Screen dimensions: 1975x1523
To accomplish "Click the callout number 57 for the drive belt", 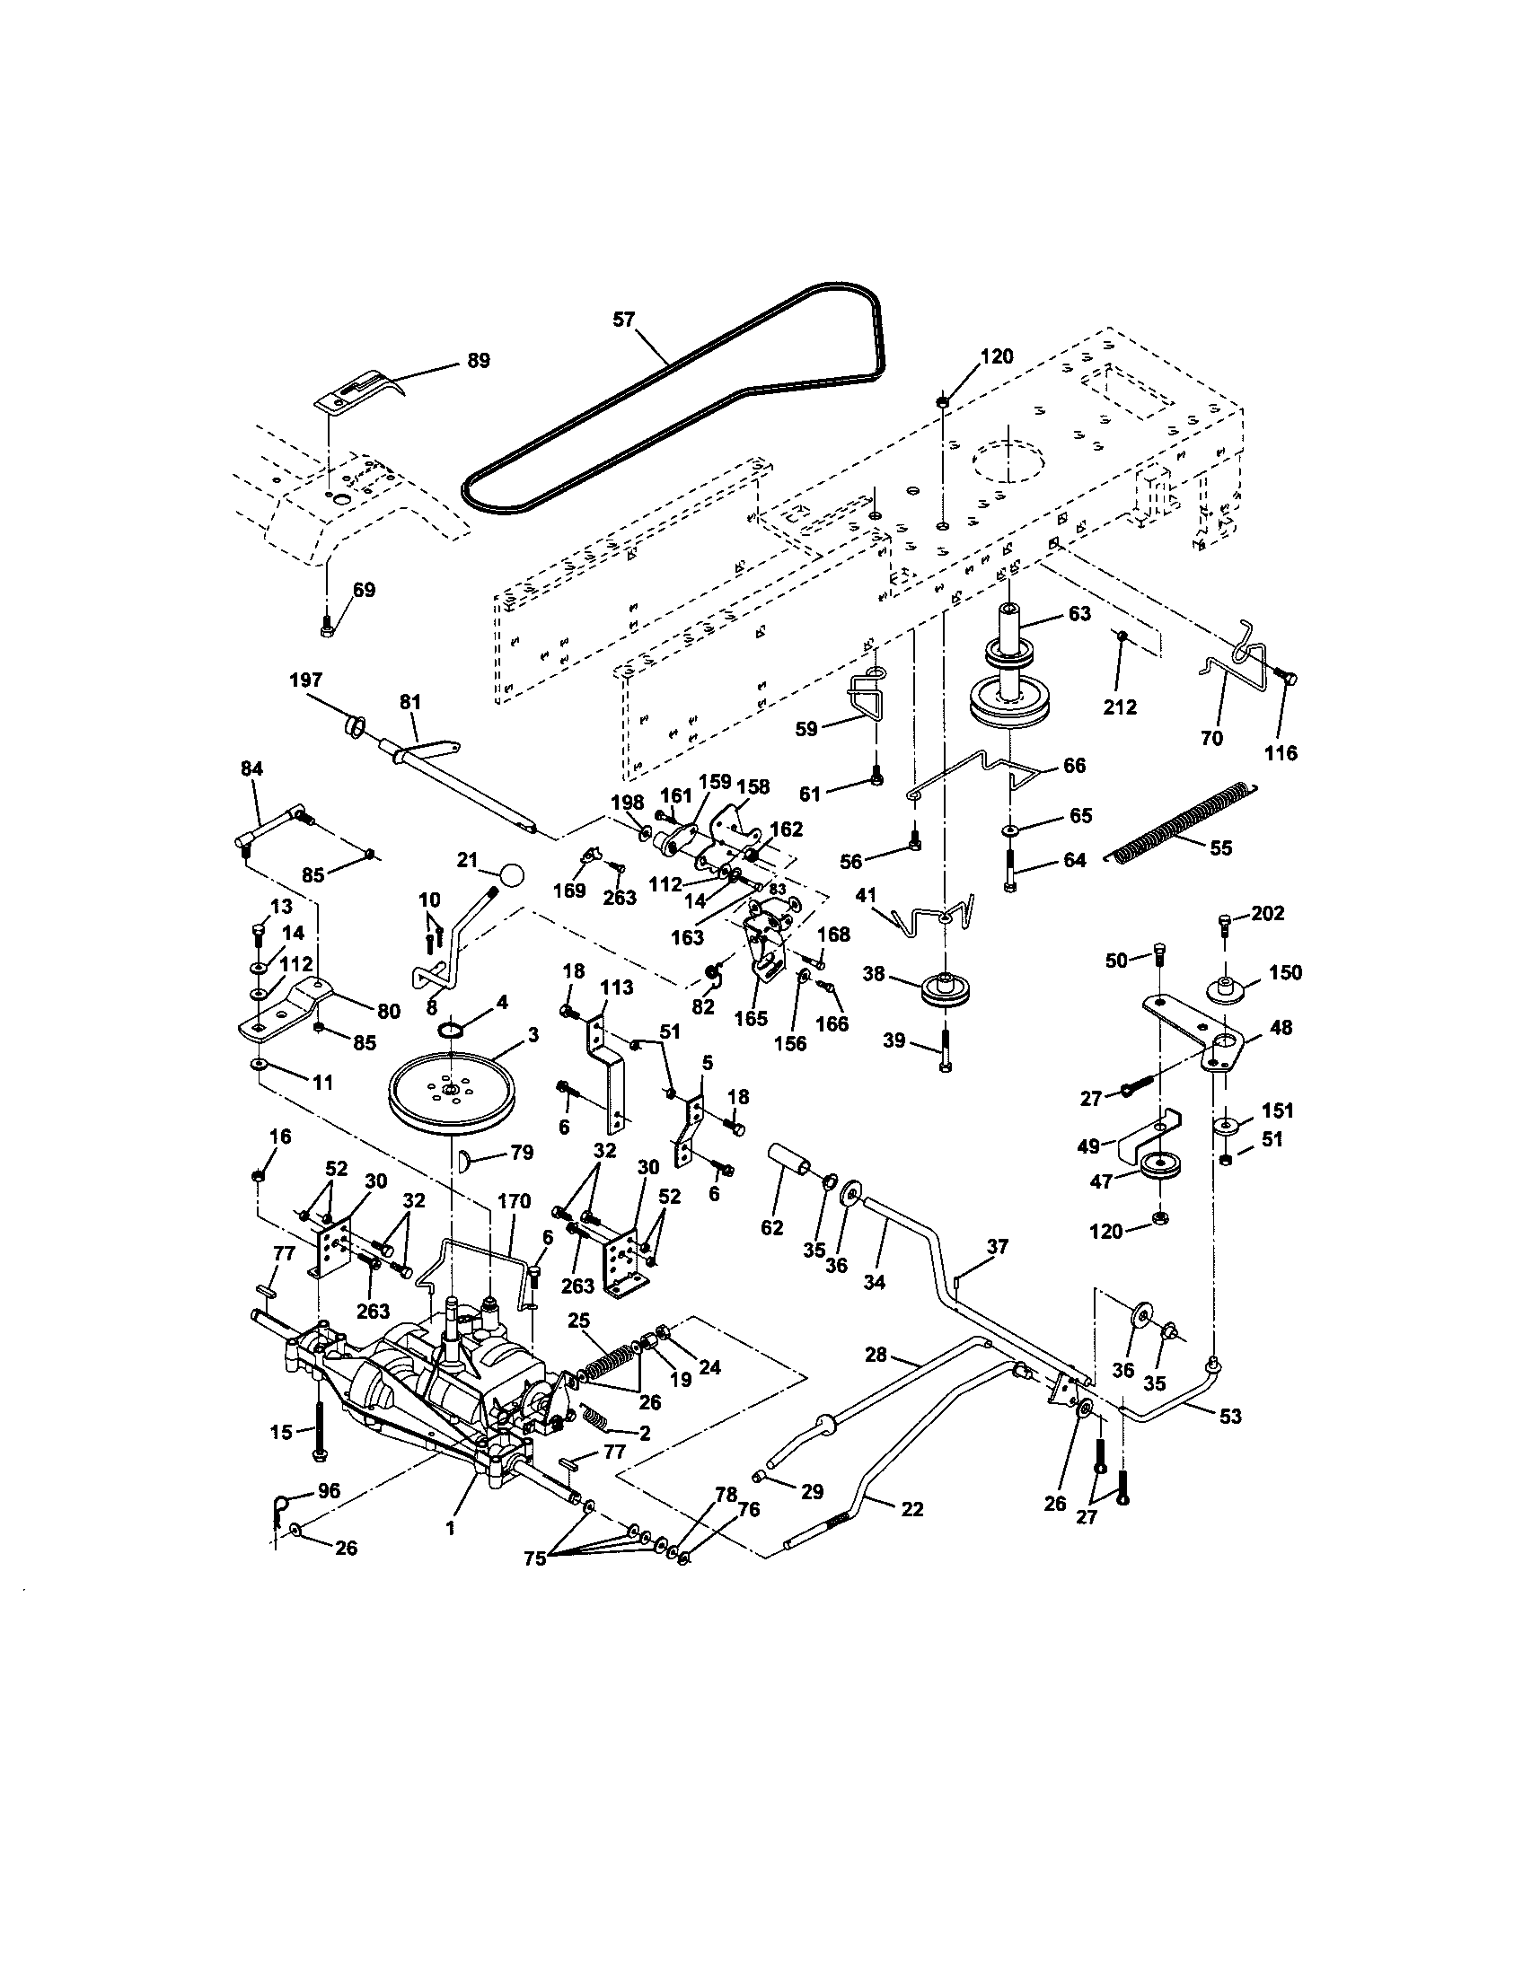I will pos(624,319).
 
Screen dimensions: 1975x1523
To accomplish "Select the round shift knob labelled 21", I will pos(512,875).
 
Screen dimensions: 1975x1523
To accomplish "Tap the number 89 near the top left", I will pos(478,361).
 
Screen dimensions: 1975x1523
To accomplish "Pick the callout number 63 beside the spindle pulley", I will pos(1079,613).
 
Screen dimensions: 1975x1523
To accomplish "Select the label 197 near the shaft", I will pos(305,680).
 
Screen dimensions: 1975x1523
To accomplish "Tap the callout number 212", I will pos(1120,707).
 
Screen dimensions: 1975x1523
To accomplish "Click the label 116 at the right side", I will pos(1281,752).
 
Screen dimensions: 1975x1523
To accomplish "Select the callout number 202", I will pos(1268,913).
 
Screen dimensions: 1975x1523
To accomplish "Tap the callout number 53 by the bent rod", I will pos(1230,1416).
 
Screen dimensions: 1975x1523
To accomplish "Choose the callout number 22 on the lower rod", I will pos(912,1508).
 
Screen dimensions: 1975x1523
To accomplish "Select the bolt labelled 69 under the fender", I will pos(327,623).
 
